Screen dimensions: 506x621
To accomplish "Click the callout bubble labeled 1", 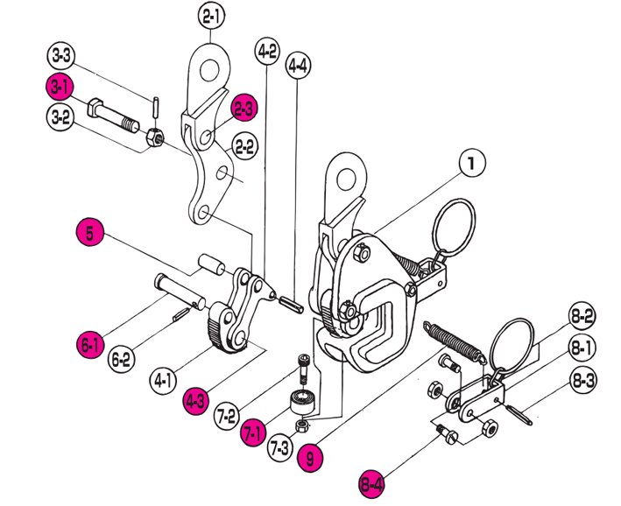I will click(470, 163).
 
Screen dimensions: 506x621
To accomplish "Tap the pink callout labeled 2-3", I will click(244, 108).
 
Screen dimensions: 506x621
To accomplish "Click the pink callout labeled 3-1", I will click(60, 87).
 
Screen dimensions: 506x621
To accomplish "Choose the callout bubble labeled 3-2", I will click(60, 116).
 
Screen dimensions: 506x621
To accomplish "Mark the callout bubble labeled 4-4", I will click(298, 65).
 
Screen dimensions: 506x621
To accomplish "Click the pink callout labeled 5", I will click(90, 234).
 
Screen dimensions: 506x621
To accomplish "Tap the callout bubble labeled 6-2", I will click(123, 357).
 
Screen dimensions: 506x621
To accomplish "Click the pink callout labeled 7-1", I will click(254, 431).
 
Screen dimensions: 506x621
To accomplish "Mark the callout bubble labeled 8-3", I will click(584, 381).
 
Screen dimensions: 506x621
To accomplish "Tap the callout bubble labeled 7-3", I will click(280, 450).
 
